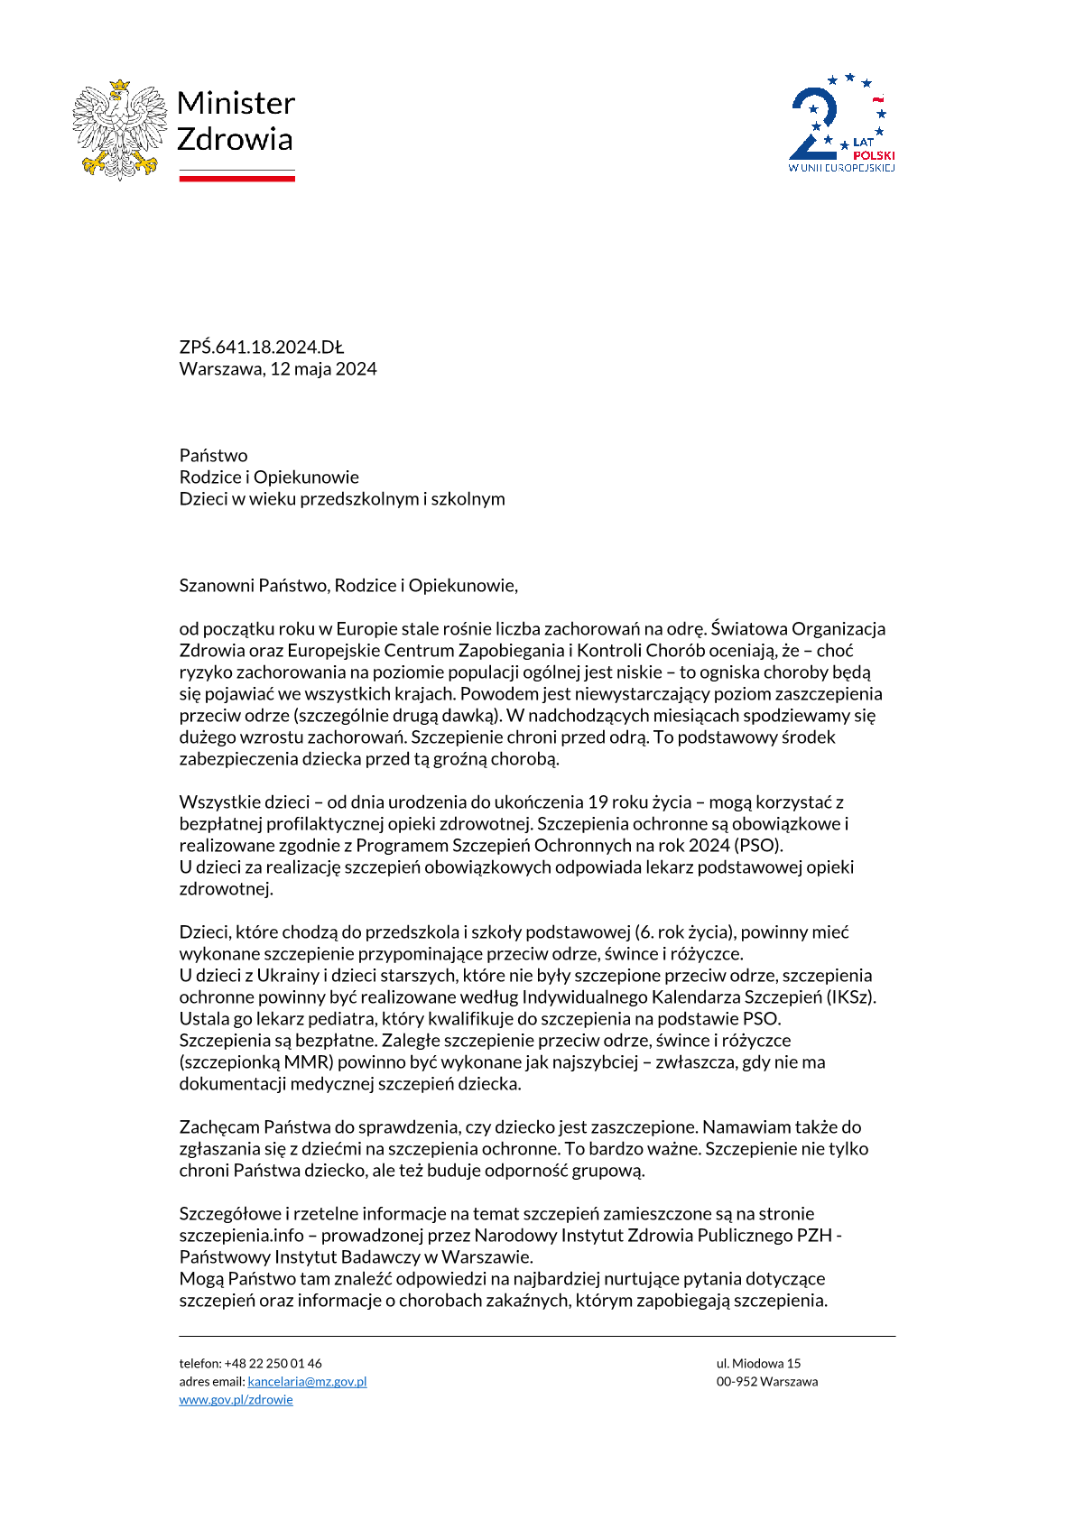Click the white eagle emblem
pos(120,129)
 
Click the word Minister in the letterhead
pos(236,104)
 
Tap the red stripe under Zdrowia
pos(236,179)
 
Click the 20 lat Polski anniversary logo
pos(841,124)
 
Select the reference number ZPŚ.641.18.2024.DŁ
pos(262,348)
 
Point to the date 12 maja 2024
pos(323,369)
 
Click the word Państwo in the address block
pos(213,456)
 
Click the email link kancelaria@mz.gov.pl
pos(307,1382)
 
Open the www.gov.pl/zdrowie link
pos(236,1400)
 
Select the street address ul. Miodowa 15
pos(758,1364)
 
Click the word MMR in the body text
pos(308,1062)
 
